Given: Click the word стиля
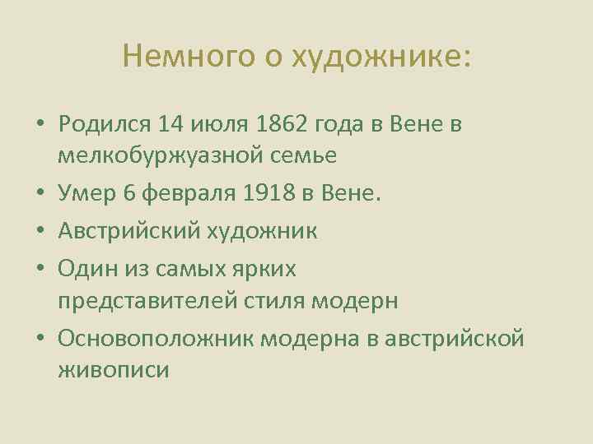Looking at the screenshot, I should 275,301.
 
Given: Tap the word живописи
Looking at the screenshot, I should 114,370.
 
